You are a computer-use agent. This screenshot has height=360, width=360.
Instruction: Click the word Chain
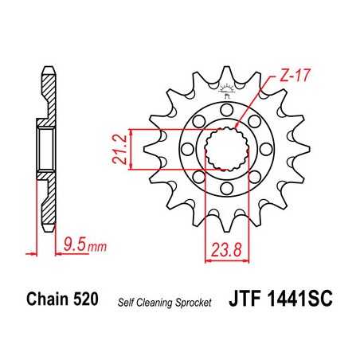[53, 300]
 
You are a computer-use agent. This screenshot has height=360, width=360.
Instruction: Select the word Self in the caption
[127, 302]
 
